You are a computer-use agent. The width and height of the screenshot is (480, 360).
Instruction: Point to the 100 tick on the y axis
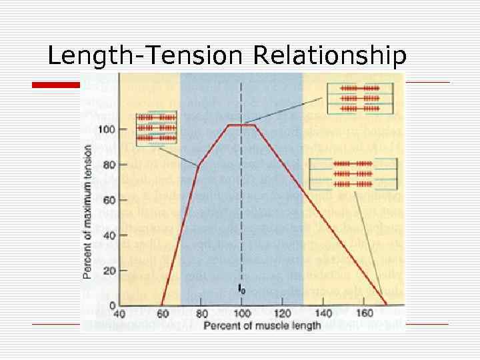[105, 129]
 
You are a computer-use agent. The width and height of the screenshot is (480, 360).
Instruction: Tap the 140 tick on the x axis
[323, 314]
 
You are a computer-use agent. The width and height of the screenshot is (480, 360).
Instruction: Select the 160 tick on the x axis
[364, 314]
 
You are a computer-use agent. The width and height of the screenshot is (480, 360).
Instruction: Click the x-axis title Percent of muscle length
[261, 325]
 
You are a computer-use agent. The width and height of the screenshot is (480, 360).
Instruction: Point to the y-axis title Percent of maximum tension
[88, 211]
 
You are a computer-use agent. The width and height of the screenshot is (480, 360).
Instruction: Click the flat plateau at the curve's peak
[241, 125]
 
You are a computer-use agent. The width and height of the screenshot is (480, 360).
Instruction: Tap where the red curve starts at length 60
[161, 305]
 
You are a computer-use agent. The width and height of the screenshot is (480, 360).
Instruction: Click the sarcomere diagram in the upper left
[156, 127]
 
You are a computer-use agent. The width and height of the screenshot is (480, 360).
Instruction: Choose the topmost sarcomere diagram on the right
[359, 98]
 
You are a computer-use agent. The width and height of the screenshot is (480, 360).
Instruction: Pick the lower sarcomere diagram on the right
[353, 173]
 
